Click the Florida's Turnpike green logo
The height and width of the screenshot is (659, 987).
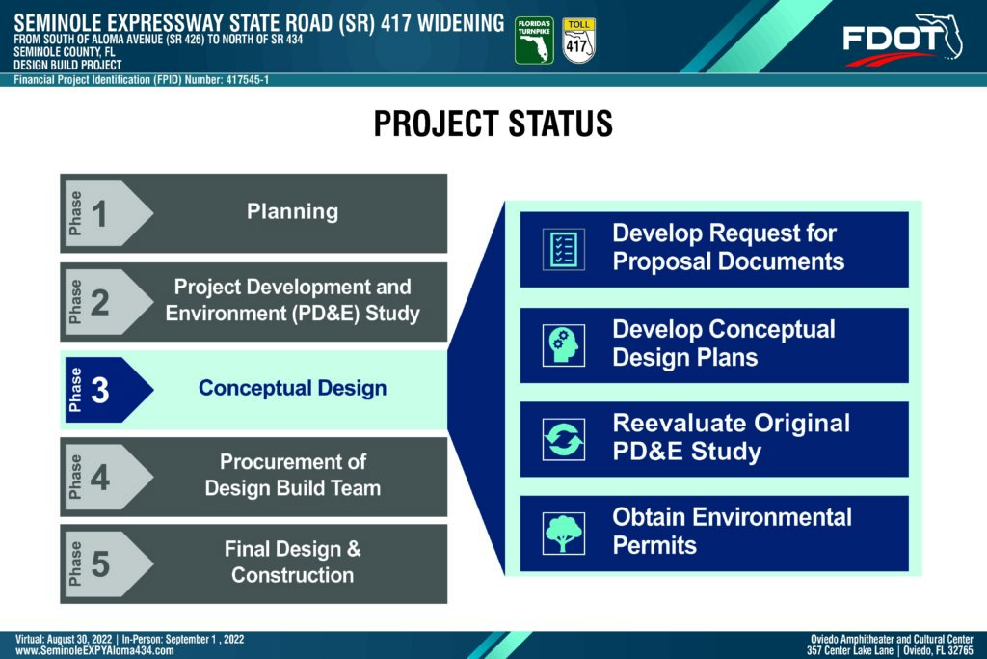click(x=534, y=41)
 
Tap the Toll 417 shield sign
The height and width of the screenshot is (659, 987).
click(x=578, y=41)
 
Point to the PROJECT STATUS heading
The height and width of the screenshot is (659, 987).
click(x=493, y=123)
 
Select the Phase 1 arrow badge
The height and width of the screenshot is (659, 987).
click(x=108, y=213)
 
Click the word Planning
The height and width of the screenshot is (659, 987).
click(x=292, y=211)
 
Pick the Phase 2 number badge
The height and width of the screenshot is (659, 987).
click(x=108, y=302)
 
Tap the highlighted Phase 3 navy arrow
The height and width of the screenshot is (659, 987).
click(x=108, y=390)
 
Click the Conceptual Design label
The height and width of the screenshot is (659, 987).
click(x=292, y=388)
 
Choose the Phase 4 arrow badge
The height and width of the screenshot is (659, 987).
click(x=108, y=477)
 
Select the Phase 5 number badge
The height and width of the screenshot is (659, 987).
click(x=108, y=563)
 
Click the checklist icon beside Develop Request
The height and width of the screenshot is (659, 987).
click(x=563, y=250)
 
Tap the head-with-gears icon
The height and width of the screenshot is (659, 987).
click(x=563, y=345)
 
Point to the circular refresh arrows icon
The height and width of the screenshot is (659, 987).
click(x=563, y=439)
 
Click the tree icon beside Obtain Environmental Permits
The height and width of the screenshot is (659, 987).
click(x=563, y=533)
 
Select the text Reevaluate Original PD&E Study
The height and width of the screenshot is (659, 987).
click(x=731, y=437)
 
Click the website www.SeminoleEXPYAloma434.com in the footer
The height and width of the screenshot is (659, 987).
click(x=94, y=651)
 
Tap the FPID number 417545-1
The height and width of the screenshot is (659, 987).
click(x=248, y=80)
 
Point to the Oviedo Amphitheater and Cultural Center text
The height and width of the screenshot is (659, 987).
click(x=892, y=639)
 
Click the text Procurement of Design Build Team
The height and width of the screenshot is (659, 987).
click(x=293, y=475)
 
